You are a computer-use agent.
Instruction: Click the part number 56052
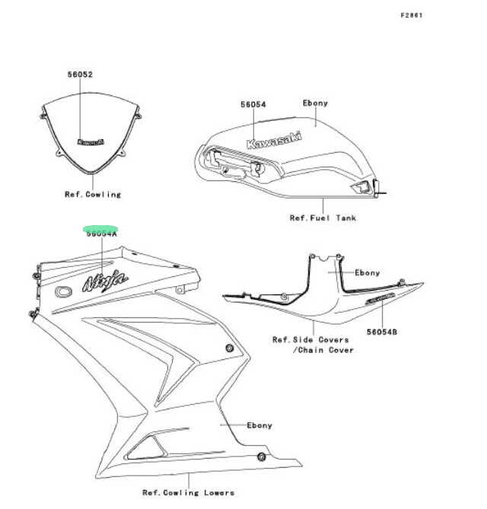pos(80,75)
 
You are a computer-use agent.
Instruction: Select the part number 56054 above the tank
pos(253,104)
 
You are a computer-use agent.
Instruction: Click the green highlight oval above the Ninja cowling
pos(101,227)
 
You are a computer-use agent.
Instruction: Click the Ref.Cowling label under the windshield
pos(93,194)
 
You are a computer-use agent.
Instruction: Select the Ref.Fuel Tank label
pos(323,218)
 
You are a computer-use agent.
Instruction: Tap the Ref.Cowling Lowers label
pos(188,492)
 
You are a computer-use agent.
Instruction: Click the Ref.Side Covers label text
pos(310,339)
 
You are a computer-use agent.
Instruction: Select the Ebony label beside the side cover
pos(368,272)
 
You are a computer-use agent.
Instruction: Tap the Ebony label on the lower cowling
pos(259,425)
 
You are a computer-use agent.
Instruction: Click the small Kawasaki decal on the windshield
pos(91,140)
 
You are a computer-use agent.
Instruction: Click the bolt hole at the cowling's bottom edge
pos(261,457)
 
